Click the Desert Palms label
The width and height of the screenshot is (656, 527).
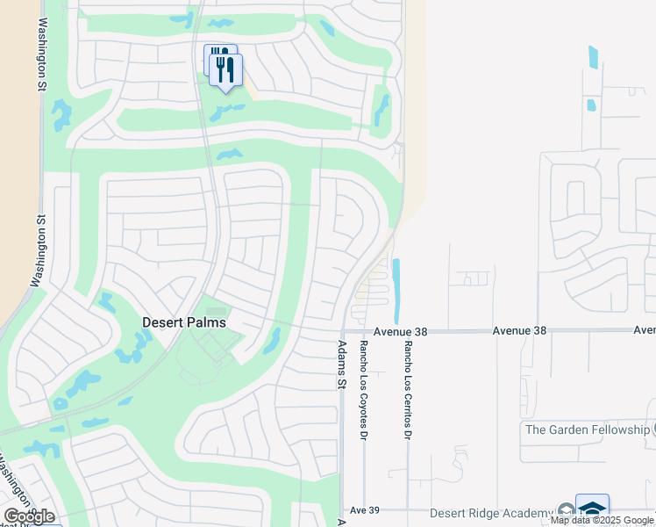[x=184, y=322]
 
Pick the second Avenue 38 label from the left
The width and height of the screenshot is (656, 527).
[x=519, y=330]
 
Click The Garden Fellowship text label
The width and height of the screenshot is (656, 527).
[x=588, y=430]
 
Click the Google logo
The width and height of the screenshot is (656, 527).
[x=30, y=516]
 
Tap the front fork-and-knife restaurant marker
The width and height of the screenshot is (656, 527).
[x=226, y=69]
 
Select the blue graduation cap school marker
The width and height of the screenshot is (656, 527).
[x=592, y=509]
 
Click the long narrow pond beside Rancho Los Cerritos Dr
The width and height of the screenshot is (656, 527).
[x=396, y=290]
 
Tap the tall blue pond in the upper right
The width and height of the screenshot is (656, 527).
[x=594, y=57]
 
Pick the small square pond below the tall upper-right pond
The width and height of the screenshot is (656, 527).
[x=590, y=105]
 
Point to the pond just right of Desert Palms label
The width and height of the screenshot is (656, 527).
[x=273, y=340]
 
